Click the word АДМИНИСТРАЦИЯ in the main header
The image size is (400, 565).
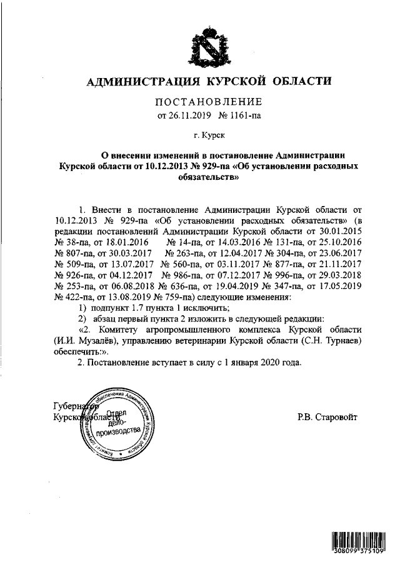pyautogui.click(x=141, y=82)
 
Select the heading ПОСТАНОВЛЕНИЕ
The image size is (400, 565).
pyautogui.click(x=208, y=102)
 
